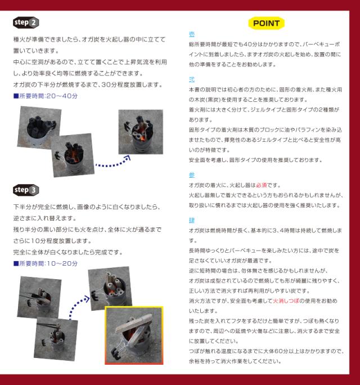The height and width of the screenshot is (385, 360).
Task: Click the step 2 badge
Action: pyautogui.click(x=26, y=23)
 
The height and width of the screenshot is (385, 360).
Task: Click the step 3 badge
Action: pyautogui.click(x=26, y=190)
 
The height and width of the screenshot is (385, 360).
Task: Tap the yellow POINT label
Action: pyautogui.click(x=266, y=23)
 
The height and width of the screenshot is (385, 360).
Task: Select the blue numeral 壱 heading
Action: pyautogui.click(x=192, y=34)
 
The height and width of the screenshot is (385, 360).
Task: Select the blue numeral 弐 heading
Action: pyautogui.click(x=192, y=79)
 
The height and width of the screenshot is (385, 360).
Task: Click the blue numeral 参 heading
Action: pyautogui.click(x=192, y=175)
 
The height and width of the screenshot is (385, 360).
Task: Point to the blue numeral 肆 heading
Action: pyautogui.click(x=192, y=220)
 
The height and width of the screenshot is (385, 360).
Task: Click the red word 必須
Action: pyautogui.click(x=262, y=185)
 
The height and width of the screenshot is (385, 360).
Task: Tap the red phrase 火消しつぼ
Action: pyautogui.click(x=286, y=301)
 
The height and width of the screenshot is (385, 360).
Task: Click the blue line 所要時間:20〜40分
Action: pyautogui.click(x=46, y=96)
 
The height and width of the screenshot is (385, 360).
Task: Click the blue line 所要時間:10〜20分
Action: pyautogui.click(x=46, y=264)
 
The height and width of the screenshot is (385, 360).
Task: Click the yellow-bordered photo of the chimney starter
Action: pyautogui.click(x=134, y=335)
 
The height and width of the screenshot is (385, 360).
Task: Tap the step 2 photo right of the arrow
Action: pyautogui.click(x=141, y=132)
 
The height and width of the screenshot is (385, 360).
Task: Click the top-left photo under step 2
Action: pyautogui.click(x=39, y=128)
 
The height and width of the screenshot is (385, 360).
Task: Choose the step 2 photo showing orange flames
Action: pyautogui.click(x=73, y=155)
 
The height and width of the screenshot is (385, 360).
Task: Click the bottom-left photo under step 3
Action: pyautogui.click(x=56, y=339)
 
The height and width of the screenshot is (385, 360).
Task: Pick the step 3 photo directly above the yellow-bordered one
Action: pyautogui.click(x=110, y=289)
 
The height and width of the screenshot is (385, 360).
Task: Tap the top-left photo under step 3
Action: pyautogui.click(x=39, y=297)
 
